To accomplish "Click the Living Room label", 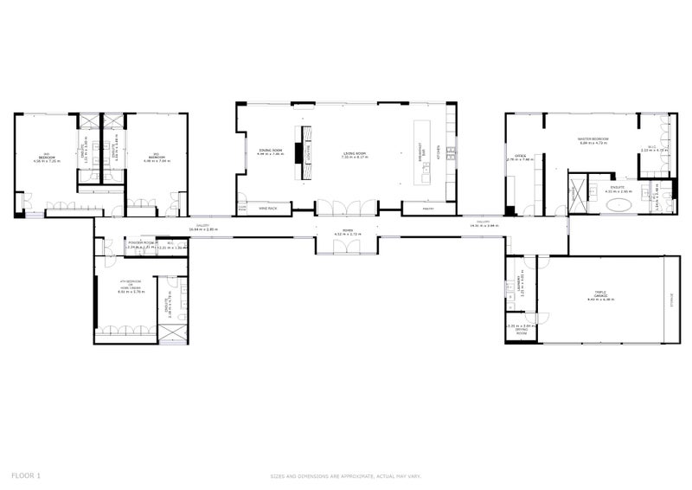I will pos(354,153).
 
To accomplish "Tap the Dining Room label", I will pos(271,152).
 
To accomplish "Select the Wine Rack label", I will pos(268,209).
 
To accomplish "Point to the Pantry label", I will pos(427,209).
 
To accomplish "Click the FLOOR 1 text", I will pos(26,475).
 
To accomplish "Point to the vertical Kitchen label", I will pos(439,152).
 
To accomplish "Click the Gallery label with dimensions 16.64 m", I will pos(204,228).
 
